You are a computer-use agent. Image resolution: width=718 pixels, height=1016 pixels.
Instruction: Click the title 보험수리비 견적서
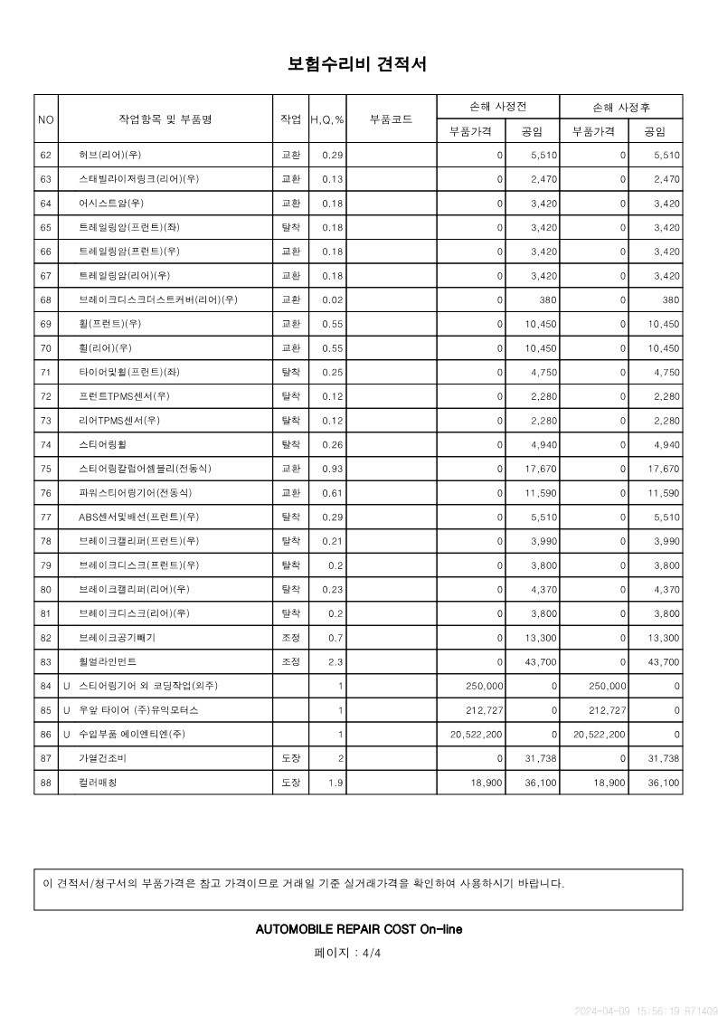tap(357, 64)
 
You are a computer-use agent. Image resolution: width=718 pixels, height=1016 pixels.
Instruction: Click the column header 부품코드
tap(392, 119)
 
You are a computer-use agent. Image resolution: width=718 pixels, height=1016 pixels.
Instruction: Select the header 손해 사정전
tap(497, 107)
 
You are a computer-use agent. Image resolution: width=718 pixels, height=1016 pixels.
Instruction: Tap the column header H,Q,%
tap(326, 119)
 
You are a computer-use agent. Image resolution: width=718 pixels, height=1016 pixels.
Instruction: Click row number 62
tap(46, 155)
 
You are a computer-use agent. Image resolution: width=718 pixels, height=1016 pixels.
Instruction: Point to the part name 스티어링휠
tap(104, 444)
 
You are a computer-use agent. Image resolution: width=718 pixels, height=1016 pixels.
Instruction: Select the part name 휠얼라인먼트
tap(108, 662)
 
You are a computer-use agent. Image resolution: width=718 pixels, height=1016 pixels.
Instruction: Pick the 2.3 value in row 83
tap(335, 662)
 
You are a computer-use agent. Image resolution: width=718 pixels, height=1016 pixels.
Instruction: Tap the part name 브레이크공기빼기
tap(117, 638)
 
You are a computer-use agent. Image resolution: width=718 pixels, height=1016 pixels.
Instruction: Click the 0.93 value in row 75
tap(332, 469)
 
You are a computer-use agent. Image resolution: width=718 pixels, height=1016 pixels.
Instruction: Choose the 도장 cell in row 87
tap(290, 759)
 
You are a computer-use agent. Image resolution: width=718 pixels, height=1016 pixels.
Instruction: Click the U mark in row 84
tap(67, 687)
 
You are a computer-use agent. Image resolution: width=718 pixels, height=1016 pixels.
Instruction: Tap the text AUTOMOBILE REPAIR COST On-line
tap(359, 929)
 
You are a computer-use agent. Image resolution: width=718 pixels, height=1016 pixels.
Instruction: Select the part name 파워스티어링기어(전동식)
tap(135, 493)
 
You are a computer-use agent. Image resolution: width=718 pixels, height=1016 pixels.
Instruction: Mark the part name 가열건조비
tap(104, 759)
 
